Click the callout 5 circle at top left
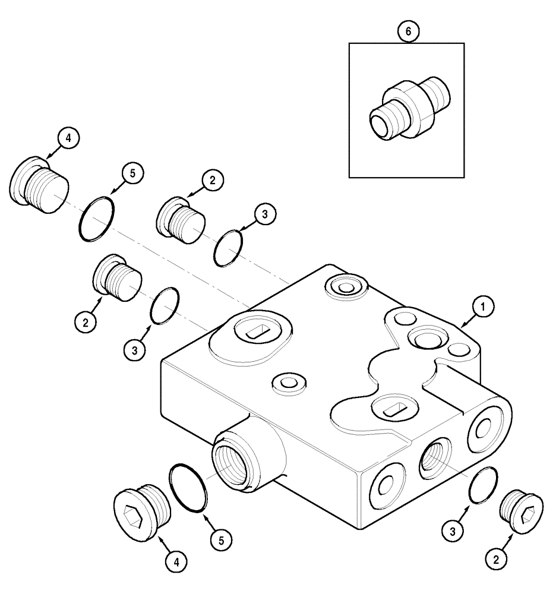[x=132, y=173]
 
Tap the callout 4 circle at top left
[x=68, y=138]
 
